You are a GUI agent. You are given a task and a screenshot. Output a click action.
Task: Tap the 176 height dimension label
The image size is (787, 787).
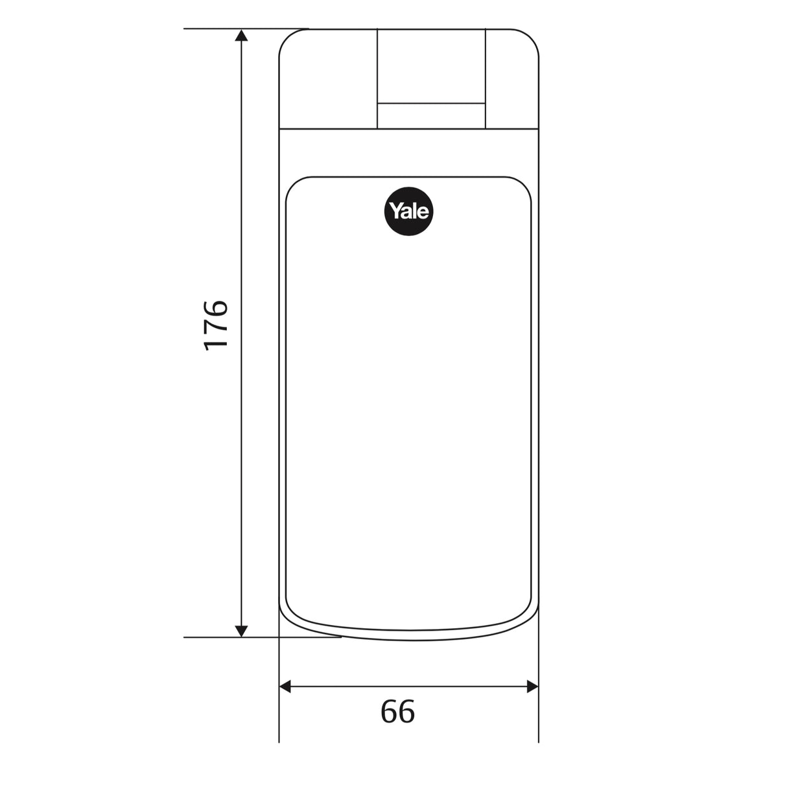(x=215, y=326)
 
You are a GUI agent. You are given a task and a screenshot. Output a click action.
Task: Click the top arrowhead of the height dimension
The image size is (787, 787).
(x=241, y=35)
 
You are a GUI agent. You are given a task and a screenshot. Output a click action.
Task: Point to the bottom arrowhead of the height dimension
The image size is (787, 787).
(x=241, y=631)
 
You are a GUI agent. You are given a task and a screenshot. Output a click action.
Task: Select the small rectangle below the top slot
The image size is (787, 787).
(x=431, y=116)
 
